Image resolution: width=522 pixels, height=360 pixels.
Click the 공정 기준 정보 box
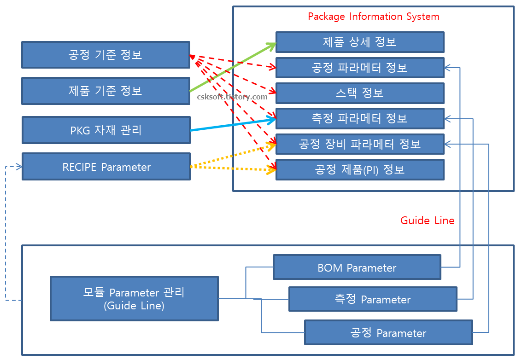[106, 55]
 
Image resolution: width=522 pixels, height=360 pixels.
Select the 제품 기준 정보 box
[106, 91]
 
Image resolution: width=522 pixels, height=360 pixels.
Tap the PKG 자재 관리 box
[106, 130]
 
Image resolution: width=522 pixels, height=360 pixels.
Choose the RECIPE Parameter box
[106, 167]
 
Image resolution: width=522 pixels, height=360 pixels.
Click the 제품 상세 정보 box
[360, 42]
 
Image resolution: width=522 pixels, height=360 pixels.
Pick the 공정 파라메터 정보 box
[360, 68]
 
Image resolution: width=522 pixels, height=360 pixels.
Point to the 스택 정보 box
[360, 93]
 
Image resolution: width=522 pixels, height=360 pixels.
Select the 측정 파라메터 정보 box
[360, 119]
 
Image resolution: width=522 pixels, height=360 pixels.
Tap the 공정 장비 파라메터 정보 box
[360, 144]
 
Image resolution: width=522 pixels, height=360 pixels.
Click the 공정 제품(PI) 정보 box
[360, 169]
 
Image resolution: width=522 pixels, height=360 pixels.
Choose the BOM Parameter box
[357, 267]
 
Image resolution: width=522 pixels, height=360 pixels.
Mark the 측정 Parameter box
[373, 299]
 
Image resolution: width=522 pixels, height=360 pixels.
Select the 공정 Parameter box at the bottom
[388, 333]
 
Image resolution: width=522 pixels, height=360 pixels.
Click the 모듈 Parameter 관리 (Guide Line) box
[134, 298]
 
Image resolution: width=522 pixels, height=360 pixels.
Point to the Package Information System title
[373, 17]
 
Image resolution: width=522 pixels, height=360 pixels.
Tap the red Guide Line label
[428, 221]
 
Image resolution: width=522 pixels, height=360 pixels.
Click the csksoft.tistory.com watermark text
[232, 97]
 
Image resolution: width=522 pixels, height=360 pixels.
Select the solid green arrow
[233, 67]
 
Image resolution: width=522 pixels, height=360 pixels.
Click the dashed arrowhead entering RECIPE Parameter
[18, 167]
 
